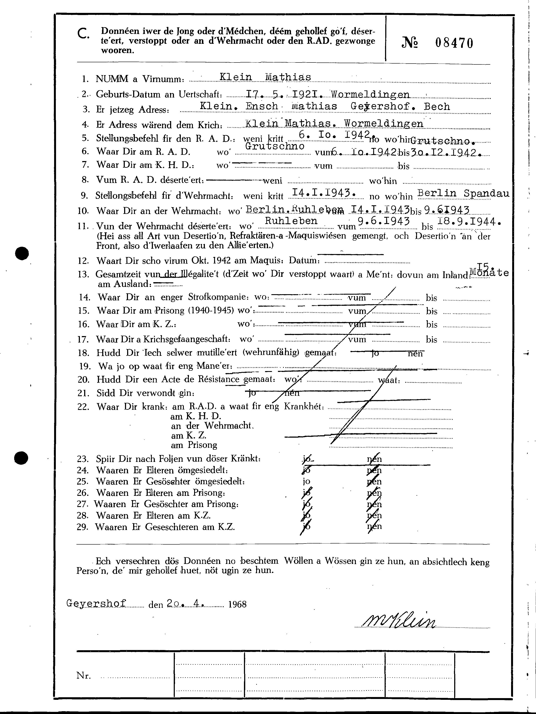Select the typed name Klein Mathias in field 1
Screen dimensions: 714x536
coord(265,77)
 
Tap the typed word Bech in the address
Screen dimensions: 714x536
coord(437,107)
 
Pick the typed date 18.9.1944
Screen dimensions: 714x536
coord(468,221)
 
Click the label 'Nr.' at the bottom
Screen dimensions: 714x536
coord(84,675)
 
